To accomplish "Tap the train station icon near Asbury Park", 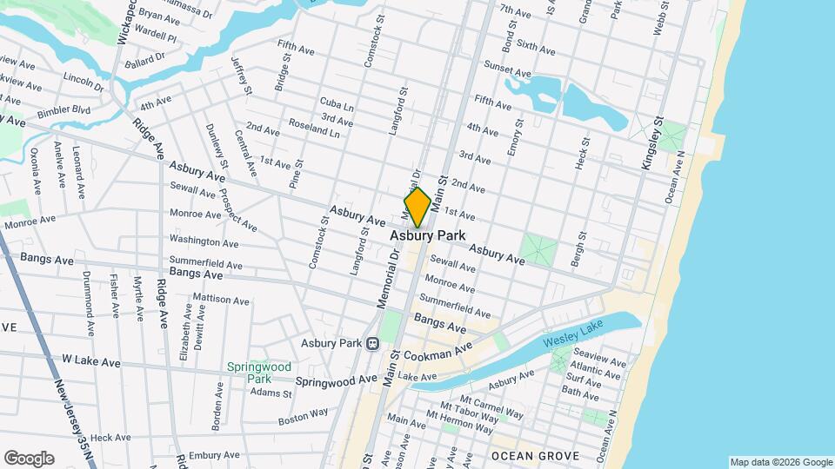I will click(373, 343).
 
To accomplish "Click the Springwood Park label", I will click(259, 373).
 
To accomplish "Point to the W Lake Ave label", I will click(91, 360).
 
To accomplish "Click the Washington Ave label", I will click(204, 241).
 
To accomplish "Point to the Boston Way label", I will click(303, 416).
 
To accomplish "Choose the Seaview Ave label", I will click(599, 360).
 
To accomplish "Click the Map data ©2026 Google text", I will click(780, 462).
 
